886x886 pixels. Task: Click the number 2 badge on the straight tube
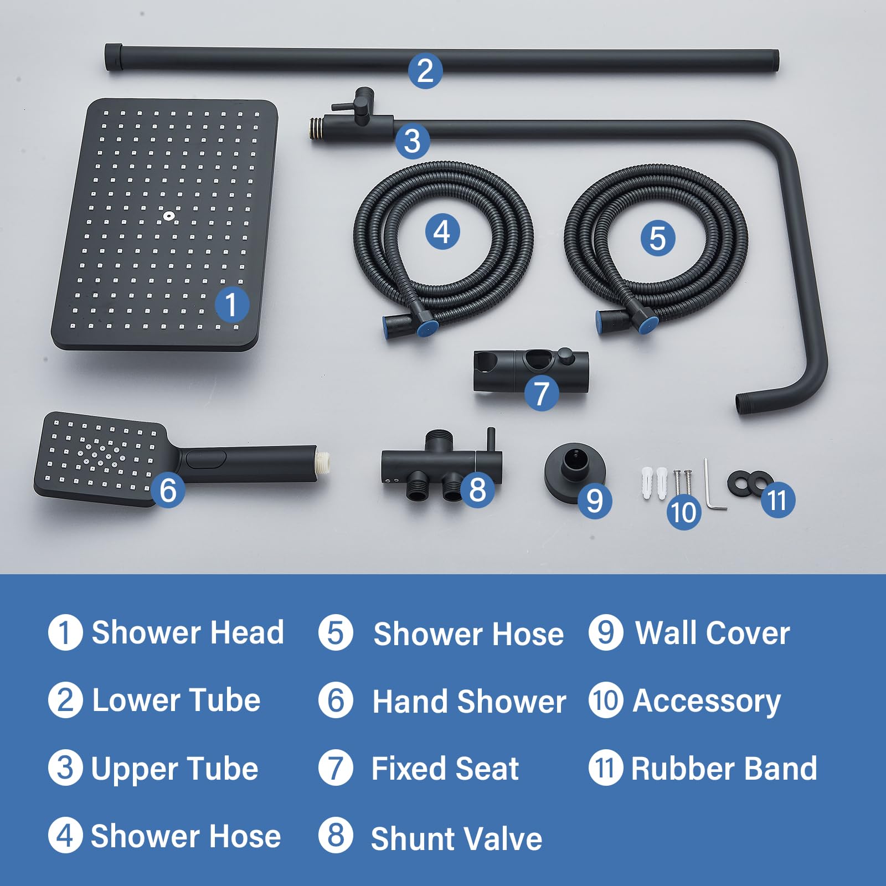[425, 71]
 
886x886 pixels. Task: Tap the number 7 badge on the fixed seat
[541, 393]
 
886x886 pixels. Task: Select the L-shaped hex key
[714, 485]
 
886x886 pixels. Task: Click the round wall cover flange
[574, 471]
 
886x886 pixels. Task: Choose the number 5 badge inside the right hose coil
[657, 239]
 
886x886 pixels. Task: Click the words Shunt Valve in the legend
[456, 838]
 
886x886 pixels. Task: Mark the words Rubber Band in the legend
[724, 769]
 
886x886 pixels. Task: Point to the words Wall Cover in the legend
[713, 633]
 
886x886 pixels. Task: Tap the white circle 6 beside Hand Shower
[336, 700]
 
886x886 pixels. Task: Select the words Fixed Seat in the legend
[445, 769]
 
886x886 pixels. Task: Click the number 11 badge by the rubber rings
[777, 500]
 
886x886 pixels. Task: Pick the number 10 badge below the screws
[684, 512]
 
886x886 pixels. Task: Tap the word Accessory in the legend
[707, 701]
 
